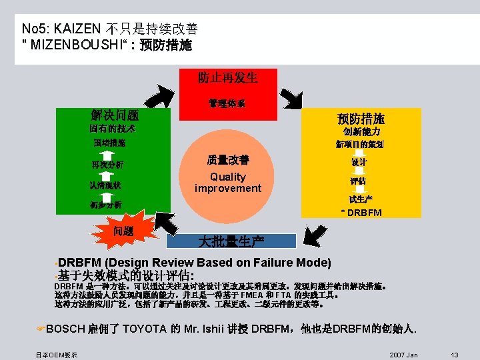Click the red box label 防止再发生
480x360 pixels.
click(227, 77)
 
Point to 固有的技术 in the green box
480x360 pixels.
click(112, 128)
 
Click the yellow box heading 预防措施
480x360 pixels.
click(361, 119)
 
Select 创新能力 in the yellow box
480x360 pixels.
click(362, 132)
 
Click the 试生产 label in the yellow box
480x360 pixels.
click(360, 199)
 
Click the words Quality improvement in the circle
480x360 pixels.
click(227, 183)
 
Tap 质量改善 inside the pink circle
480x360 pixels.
click(227, 160)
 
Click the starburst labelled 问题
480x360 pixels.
click(123, 231)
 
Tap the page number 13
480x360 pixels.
click(455, 354)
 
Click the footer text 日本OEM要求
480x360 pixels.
click(57, 354)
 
